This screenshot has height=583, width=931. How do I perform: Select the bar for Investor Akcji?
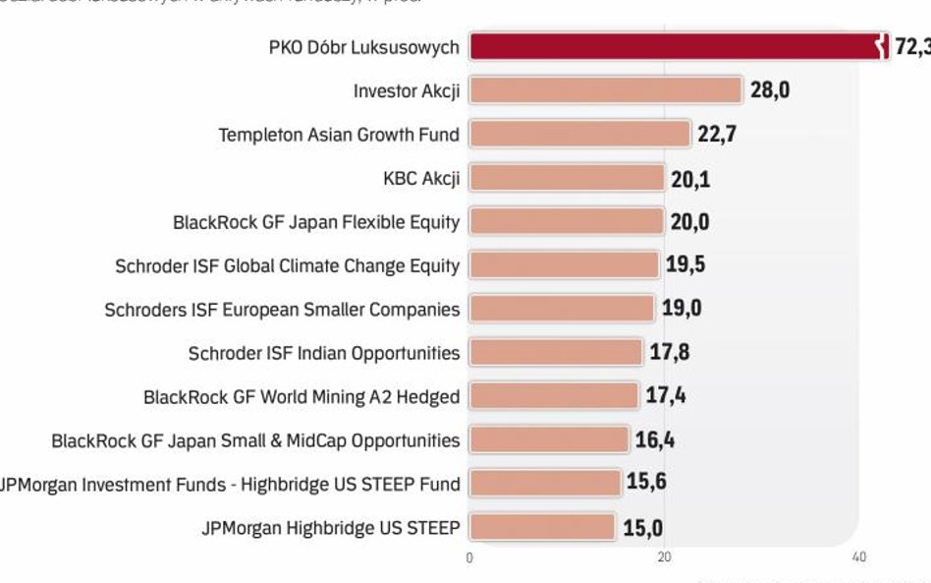pos(605,90)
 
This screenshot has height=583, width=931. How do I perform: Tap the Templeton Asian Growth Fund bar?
pos(579,134)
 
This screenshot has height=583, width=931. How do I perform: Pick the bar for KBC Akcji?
pos(567,178)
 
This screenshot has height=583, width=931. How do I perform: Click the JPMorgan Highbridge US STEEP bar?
pos(542,527)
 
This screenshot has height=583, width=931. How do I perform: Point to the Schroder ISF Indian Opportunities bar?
pos(556,352)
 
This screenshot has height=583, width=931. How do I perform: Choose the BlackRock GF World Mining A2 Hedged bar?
pos(554,396)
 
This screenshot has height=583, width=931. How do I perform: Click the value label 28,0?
pos(770,90)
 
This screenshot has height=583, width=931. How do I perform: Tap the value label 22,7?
pos(717,134)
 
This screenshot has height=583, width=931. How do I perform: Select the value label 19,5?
pos(685,265)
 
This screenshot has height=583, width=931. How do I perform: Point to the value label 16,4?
pos(654,439)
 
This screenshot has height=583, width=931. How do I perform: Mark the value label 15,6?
pos(647,484)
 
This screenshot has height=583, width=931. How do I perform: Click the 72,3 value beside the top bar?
pos(911,47)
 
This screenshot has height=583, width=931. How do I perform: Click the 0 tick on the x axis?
pos(469,557)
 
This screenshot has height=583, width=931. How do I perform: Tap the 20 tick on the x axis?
pos(664,557)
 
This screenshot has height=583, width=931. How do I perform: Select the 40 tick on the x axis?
pos(859,557)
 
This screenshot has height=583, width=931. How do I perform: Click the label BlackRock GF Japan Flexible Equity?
pos(316,222)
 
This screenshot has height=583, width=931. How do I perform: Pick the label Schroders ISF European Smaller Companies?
pos(282,310)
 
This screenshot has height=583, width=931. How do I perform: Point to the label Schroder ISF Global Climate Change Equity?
pos(287,265)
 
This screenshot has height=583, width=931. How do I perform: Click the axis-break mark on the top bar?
pos(882,46)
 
